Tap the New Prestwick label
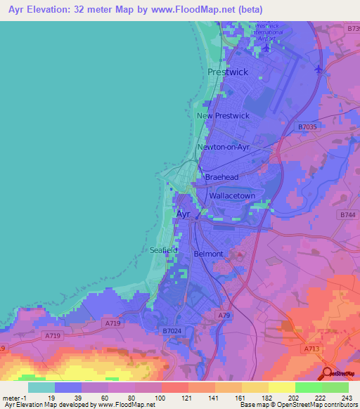(x=223, y=116)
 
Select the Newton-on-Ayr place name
(x=224, y=148)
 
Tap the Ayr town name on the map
(x=183, y=214)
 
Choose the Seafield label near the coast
(x=164, y=250)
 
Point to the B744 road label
(x=347, y=214)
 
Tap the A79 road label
(x=224, y=316)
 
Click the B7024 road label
(x=172, y=330)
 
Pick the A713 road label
(x=311, y=347)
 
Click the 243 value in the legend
(x=346, y=398)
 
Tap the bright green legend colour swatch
(x=308, y=387)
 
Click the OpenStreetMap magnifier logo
(x=328, y=373)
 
